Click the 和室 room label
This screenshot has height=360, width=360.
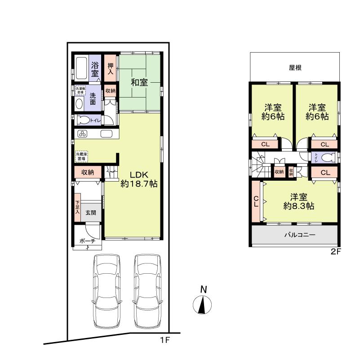point(139,82)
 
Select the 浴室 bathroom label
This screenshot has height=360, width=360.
point(95,69)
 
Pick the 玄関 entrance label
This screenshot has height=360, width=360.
point(91,213)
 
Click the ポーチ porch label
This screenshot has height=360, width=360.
point(87,241)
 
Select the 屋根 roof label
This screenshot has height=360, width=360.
point(295,68)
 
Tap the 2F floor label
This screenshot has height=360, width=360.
point(336,252)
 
